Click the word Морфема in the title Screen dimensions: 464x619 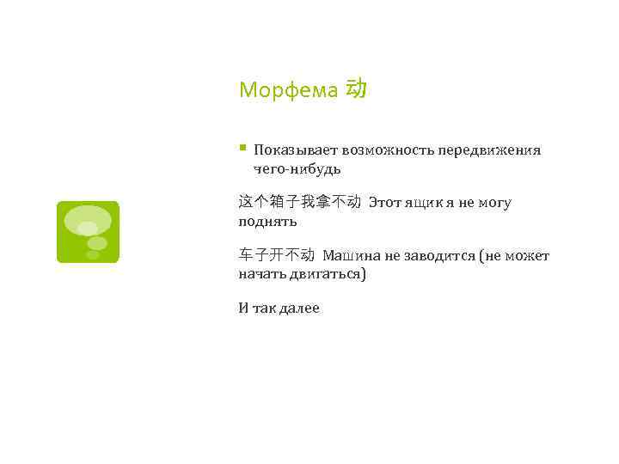click(288, 90)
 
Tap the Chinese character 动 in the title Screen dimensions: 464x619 click(356, 88)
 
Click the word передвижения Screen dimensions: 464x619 click(489, 150)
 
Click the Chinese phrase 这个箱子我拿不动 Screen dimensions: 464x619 click(300, 203)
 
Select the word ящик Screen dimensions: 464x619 click(424, 203)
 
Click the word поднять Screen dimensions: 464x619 click(267, 222)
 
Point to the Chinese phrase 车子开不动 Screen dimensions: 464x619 click(277, 255)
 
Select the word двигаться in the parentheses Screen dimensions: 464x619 click(330, 274)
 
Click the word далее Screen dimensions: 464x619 click(298, 308)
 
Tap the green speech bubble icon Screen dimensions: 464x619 click(88, 232)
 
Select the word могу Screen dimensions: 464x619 click(494, 203)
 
